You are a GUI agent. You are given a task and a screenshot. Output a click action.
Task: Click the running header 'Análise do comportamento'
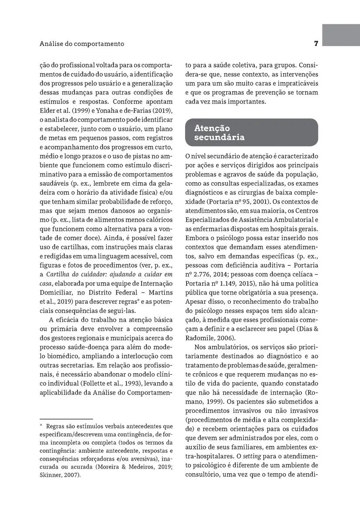click(82, 44)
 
